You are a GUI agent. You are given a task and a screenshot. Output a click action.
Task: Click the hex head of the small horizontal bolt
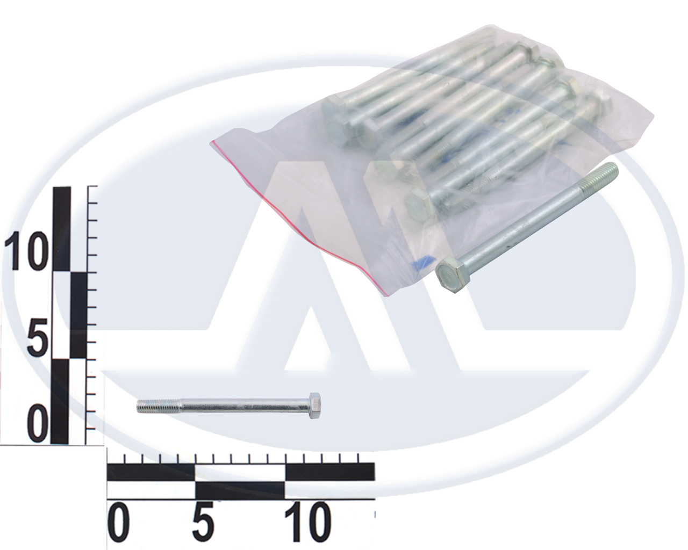tap(315, 409)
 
